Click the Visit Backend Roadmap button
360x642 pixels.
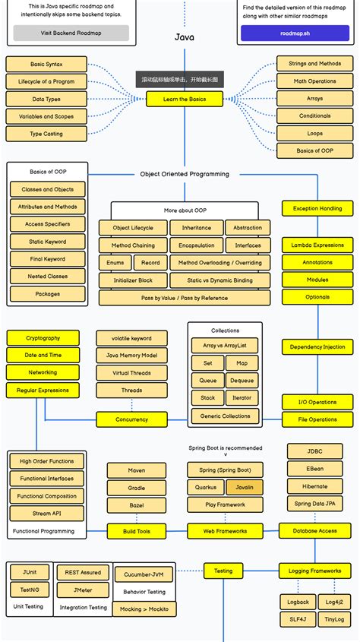click(x=71, y=33)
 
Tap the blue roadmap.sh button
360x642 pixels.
click(x=289, y=33)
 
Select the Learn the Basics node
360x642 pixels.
click(x=185, y=100)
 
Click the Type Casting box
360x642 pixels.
click(x=46, y=134)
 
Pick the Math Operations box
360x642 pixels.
click(x=314, y=81)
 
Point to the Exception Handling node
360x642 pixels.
click(x=317, y=207)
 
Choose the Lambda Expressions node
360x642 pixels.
click(x=317, y=245)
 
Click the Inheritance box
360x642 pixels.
click(x=197, y=228)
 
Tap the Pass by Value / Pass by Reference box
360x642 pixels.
click(x=185, y=298)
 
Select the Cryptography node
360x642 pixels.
click(x=43, y=338)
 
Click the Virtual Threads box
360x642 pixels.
click(x=131, y=373)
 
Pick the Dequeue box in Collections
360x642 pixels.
click(x=242, y=381)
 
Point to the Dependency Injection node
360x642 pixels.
click(x=317, y=346)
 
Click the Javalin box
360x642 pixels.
click(x=245, y=487)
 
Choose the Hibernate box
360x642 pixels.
click(x=314, y=486)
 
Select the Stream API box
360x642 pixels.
click(x=46, y=514)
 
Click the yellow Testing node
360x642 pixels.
click(x=223, y=570)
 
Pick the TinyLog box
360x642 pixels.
click(x=335, y=619)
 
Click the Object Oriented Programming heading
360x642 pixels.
click(x=185, y=174)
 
